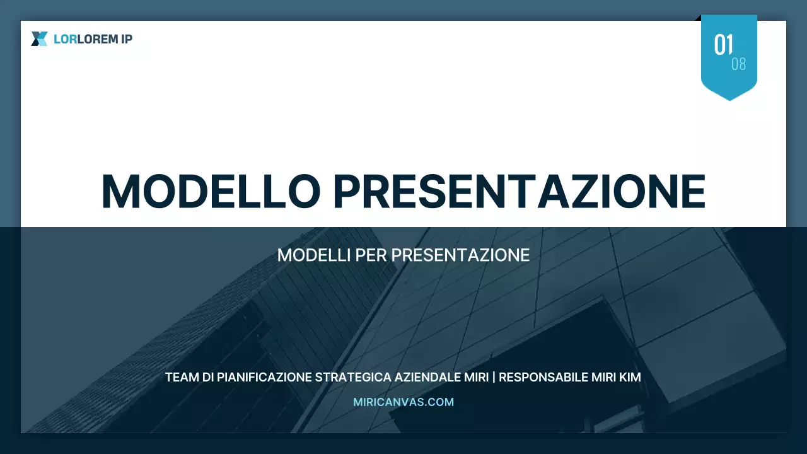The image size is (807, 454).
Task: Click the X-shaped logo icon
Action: pos(39,39)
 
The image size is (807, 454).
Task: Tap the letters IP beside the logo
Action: pos(127,39)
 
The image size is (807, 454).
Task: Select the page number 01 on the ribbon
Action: pos(723,45)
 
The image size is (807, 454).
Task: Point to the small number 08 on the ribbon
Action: pos(738,64)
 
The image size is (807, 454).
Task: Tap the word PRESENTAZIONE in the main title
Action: pos(519,191)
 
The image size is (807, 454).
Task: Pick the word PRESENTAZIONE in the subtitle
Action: pos(460,255)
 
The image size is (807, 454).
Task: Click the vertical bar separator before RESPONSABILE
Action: pos(494,378)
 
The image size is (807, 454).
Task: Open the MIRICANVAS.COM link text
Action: pos(403,402)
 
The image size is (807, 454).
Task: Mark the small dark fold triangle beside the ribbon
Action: pos(698,18)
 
